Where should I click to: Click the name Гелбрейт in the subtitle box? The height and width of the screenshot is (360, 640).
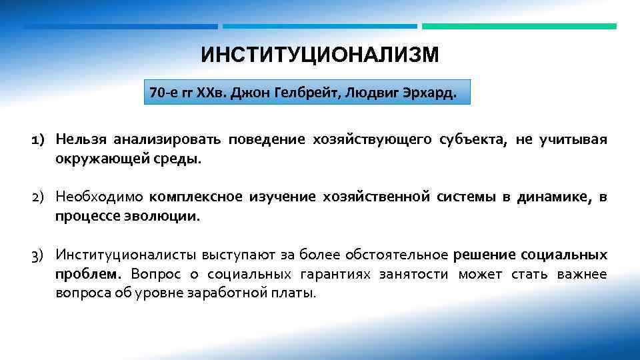point(313,92)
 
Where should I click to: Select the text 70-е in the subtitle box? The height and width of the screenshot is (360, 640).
point(162,92)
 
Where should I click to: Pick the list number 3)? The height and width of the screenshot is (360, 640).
point(37,255)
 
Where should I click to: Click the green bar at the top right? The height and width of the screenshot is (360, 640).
point(519,27)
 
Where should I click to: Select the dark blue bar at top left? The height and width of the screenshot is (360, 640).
point(121,27)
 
